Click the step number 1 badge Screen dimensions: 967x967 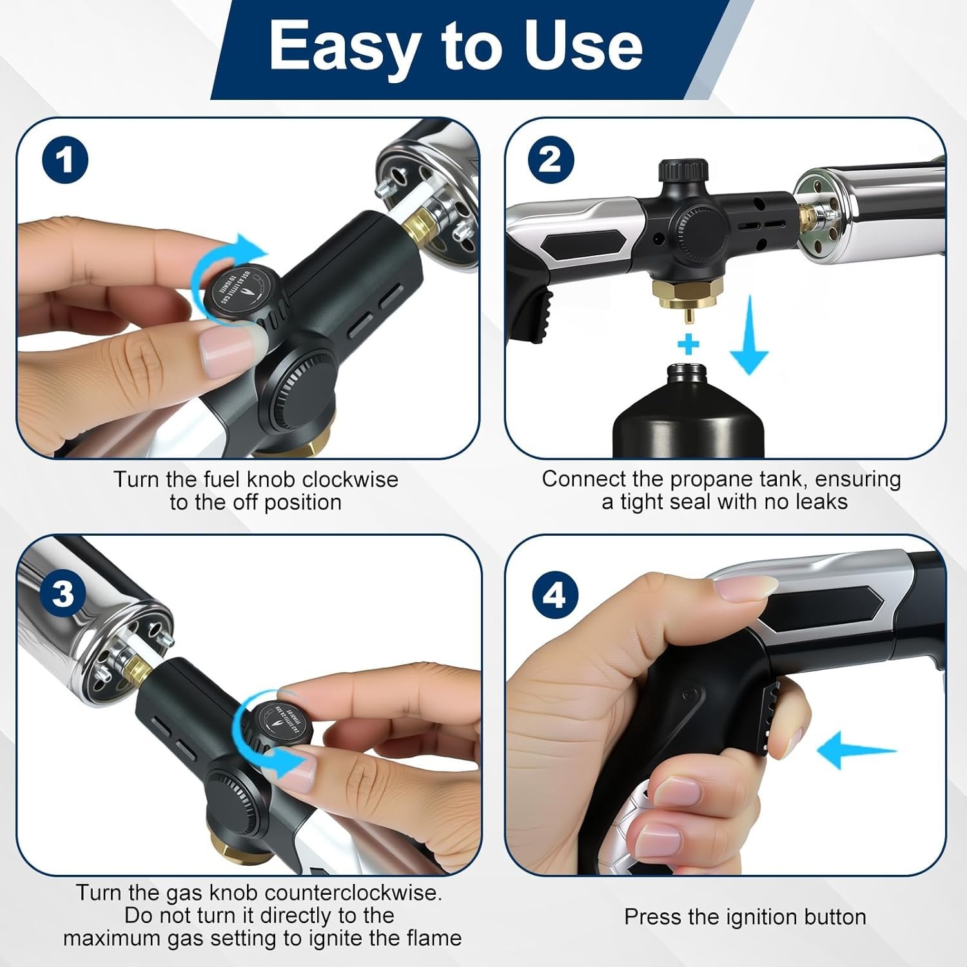[65, 161]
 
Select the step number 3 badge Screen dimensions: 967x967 [63, 593]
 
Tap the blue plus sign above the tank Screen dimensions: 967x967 [689, 344]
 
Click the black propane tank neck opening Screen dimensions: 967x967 [687, 372]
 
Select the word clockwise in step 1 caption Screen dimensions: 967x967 [350, 480]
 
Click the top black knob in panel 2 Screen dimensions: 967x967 [683, 173]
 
